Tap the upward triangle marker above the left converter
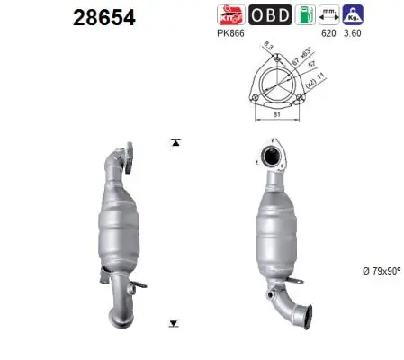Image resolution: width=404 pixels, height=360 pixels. pyautogui.click(x=172, y=143)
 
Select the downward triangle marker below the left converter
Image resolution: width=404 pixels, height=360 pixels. pyautogui.click(x=172, y=323)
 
